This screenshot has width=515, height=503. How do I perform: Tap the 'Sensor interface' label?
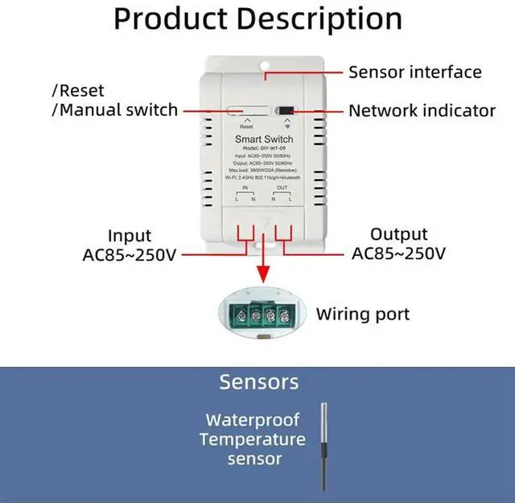pyautogui.click(x=414, y=72)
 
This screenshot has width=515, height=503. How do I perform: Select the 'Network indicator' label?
pyautogui.click(x=422, y=110)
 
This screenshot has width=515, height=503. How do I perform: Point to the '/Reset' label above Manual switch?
pyautogui.click(x=78, y=91)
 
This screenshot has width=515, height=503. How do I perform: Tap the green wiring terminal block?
pyautogui.click(x=262, y=312)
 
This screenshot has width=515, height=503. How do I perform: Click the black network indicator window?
pyautogui.click(x=286, y=111)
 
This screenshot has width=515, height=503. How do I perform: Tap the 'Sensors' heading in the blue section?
pyautogui.click(x=258, y=381)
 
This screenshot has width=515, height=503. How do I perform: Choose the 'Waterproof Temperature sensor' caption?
pyautogui.click(x=253, y=439)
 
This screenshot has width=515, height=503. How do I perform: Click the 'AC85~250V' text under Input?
pyautogui.click(x=130, y=255)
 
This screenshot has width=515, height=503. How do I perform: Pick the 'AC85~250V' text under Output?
pyautogui.click(x=398, y=254)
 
